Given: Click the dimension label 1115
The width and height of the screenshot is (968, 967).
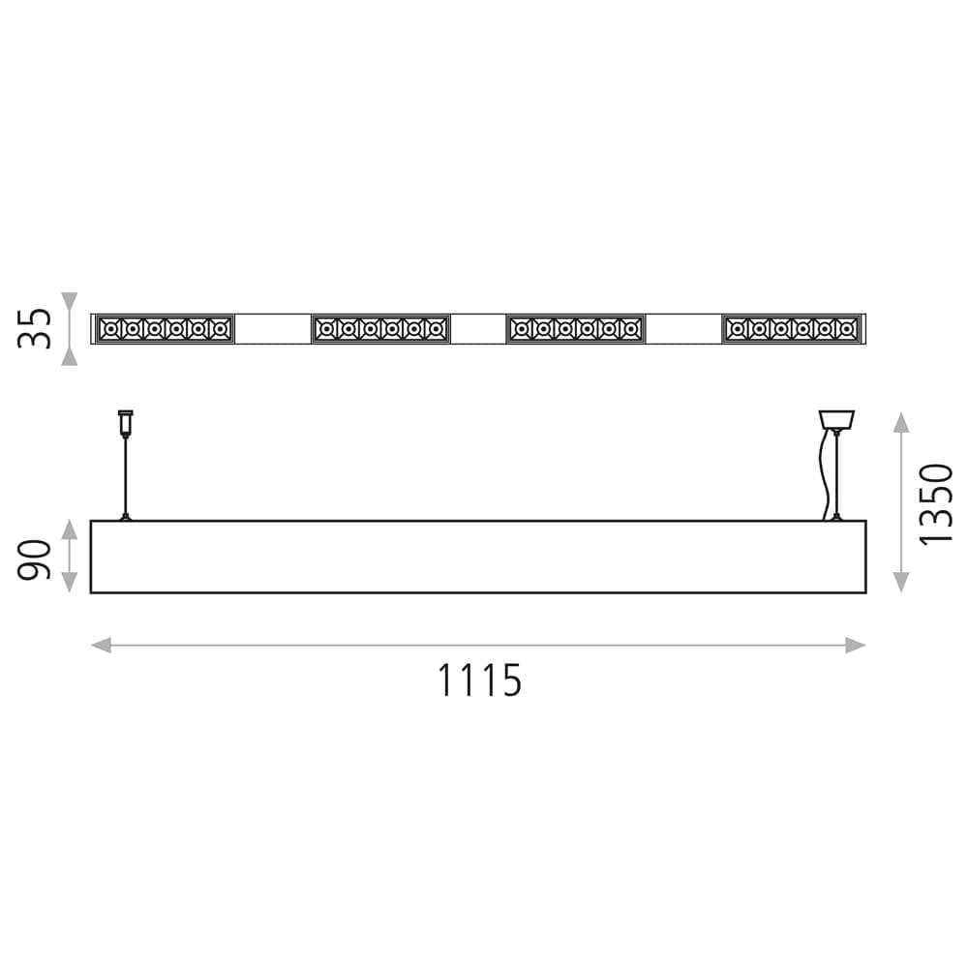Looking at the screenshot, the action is pos(480,680).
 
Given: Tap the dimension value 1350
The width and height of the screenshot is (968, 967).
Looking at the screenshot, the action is pos(936,504).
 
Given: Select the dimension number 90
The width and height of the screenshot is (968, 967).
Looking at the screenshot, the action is pos(34,559).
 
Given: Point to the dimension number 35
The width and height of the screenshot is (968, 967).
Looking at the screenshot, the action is pos(34,328).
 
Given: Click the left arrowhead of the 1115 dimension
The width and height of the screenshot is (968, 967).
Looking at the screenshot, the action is pos(101,646).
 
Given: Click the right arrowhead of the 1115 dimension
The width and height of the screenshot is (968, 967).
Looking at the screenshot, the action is pos(856,646).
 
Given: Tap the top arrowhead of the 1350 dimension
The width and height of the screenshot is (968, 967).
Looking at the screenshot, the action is pos(901,422).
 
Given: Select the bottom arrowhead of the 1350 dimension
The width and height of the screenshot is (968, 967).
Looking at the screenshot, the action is pos(901,583).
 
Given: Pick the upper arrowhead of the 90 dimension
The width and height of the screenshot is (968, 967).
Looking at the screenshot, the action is pos(70,530).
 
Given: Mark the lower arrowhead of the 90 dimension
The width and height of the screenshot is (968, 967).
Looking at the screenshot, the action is pos(70,583).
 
